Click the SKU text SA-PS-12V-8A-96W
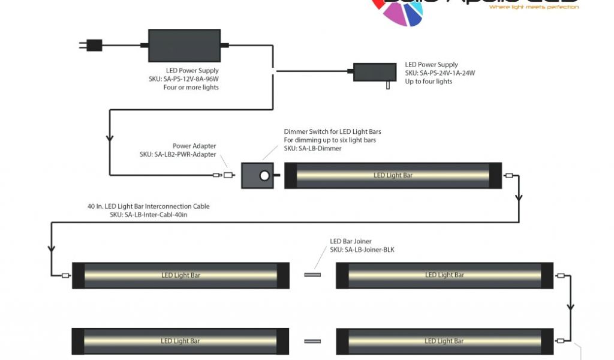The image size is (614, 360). click(x=192, y=79)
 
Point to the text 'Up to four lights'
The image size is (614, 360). click(x=429, y=82)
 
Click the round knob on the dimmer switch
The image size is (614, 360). click(x=263, y=176)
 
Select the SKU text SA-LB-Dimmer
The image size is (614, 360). click(x=313, y=148)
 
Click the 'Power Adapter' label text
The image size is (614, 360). click(x=194, y=146)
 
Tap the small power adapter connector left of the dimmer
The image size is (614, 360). click(x=228, y=176)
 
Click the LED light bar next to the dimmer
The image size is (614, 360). click(x=393, y=176)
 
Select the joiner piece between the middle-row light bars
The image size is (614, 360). click(x=312, y=275)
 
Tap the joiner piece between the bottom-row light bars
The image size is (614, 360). click(x=312, y=341)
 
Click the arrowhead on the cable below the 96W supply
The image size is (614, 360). click(x=109, y=139)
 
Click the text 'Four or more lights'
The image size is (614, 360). click(x=191, y=88)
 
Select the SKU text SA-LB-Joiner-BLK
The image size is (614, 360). click(x=362, y=250)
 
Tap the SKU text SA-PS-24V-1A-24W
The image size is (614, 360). click(x=440, y=73)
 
